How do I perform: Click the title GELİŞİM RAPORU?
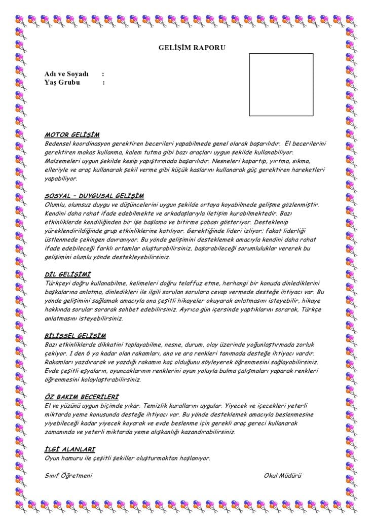pyautogui.click(x=192, y=48)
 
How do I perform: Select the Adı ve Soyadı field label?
pyautogui.click(x=66, y=74)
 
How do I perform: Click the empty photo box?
pyautogui.click(x=281, y=85)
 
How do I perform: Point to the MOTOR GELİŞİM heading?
pyautogui.click(x=72, y=135)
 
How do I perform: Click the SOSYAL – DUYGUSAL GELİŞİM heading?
pyautogui.click(x=94, y=196)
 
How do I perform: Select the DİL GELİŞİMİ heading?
pyautogui.click(x=68, y=275)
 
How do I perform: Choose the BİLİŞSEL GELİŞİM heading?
pyautogui.click(x=75, y=336)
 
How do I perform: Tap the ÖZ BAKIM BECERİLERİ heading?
pyautogui.click(x=82, y=397)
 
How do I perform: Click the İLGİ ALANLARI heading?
pyautogui.click(x=70, y=449)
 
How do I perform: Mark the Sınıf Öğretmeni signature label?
pyautogui.click(x=68, y=475)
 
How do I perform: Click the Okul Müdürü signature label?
pyautogui.click(x=282, y=475)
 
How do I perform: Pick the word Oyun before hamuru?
pyautogui.click(x=52, y=458)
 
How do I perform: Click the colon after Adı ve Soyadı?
pyautogui.click(x=103, y=74)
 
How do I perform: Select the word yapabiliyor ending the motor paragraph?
pyautogui.click(x=61, y=179)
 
